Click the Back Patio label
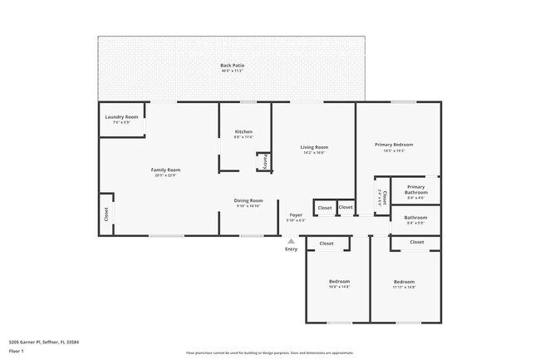pyautogui.click(x=232, y=65)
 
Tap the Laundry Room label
pyautogui.click(x=121, y=117)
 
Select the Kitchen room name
pyautogui.click(x=243, y=131)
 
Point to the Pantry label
pyautogui.click(x=265, y=162)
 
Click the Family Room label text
pyautogui.click(x=165, y=170)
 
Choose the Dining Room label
pyautogui.click(x=248, y=200)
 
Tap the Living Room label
pyautogui.click(x=314, y=147)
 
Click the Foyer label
pyautogui.click(x=296, y=215)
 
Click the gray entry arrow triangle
pyautogui.click(x=291, y=240)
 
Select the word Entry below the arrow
pyautogui.click(x=291, y=249)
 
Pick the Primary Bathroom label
pyautogui.click(x=415, y=189)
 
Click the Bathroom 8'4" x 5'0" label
pyautogui.click(x=415, y=218)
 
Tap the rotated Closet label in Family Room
pyautogui.click(x=106, y=215)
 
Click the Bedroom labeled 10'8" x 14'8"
pyautogui.click(x=339, y=281)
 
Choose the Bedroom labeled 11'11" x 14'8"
pyautogui.click(x=404, y=282)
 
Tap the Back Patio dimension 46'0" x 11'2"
pyautogui.click(x=232, y=71)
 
